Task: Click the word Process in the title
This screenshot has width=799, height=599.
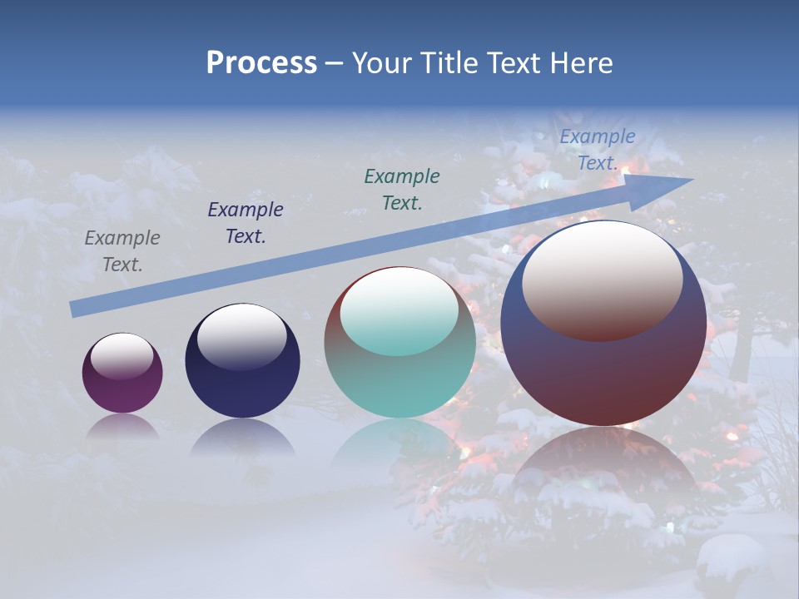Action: [261, 63]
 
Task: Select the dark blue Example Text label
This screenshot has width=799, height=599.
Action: [245, 223]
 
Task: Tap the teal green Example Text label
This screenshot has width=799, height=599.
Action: [402, 189]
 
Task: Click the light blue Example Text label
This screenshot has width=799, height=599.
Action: [597, 150]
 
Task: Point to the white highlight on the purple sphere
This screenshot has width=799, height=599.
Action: [122, 355]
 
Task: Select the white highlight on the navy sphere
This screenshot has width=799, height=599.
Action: [242, 335]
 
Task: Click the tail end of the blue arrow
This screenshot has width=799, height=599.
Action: [77, 309]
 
